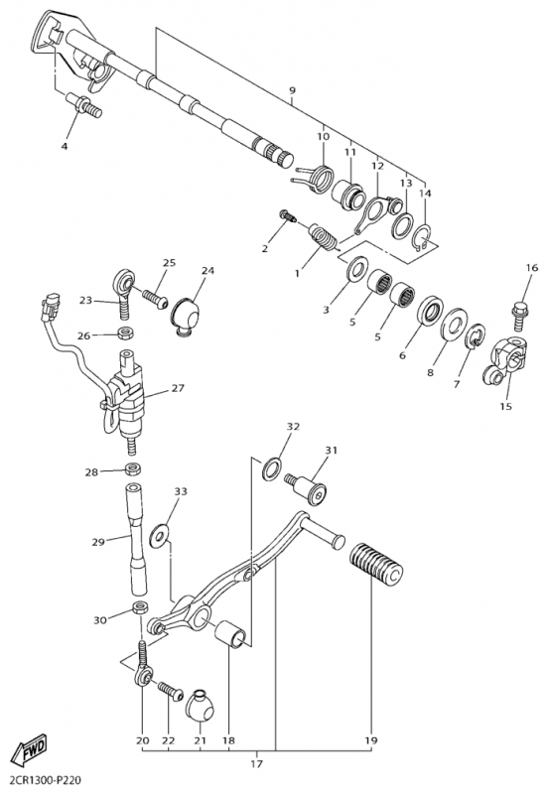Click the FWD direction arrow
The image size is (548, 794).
[30, 749]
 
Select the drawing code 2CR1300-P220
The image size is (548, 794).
[46, 780]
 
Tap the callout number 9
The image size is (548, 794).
[292, 90]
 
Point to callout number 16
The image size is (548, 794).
[531, 268]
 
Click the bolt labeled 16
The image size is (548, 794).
[520, 315]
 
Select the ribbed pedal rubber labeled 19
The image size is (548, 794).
[376, 564]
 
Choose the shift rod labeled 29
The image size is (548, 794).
[136, 539]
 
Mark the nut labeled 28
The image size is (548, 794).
[134, 468]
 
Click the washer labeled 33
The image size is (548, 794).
[160, 536]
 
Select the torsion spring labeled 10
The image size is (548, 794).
[315, 179]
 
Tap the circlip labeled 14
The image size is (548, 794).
[421, 237]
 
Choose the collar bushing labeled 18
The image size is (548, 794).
[231, 633]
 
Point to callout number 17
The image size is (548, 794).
[257, 763]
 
